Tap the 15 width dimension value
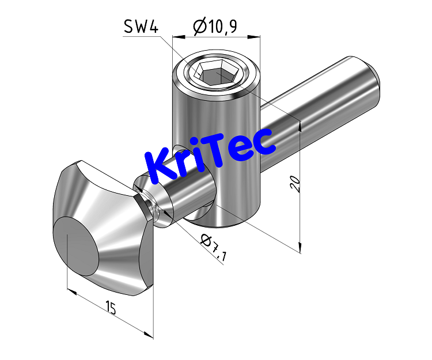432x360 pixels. [111, 308]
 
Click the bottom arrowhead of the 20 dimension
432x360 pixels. [300, 249]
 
